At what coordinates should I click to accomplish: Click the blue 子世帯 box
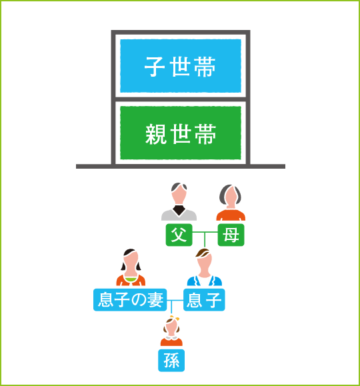coord(181,66)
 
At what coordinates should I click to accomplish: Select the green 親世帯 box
coord(181,133)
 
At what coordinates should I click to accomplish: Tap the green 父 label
coord(179,235)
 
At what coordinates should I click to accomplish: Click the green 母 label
coord(231,235)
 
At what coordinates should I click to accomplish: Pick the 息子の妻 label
coord(130,299)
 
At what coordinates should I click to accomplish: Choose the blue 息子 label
coord(204,299)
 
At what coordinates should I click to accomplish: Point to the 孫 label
coord(171,361)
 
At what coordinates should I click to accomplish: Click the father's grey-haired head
coord(179,193)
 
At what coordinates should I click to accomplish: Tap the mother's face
coord(231,197)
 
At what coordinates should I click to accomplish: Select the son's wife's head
coord(131,261)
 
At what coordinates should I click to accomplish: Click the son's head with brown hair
coord(205,261)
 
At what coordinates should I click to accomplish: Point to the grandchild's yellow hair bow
coord(175,318)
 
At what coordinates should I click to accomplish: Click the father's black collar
coord(179,210)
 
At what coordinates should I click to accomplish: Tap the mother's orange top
coord(231,215)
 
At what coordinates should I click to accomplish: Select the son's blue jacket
coord(205,281)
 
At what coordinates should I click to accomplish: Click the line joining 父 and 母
coord(205,232)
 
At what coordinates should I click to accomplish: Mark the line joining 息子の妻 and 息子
coord(175,300)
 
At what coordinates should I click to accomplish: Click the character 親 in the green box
coord(156,134)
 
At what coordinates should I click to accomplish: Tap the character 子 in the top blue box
coord(155,67)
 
